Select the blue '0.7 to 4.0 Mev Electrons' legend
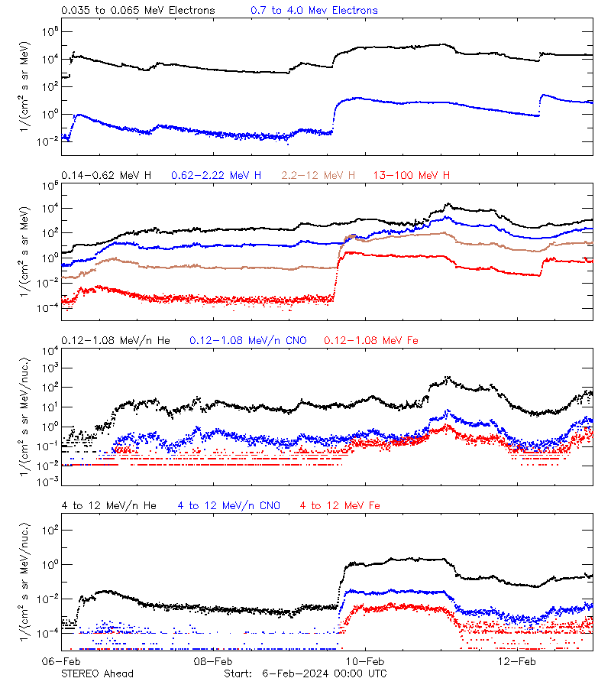[x=314, y=11]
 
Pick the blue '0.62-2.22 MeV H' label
[x=216, y=176]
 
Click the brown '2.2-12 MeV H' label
[x=318, y=176]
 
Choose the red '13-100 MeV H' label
[x=411, y=176]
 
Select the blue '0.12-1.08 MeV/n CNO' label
[x=247, y=340]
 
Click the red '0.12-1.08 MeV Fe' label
[x=370, y=340]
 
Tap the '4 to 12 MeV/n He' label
[x=108, y=505]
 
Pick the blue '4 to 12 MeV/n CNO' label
[x=228, y=505]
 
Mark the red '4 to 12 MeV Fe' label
[x=340, y=505]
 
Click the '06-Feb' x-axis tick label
[x=61, y=661]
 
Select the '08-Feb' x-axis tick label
[x=213, y=661]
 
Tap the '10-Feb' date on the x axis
[x=365, y=661]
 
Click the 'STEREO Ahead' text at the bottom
[x=97, y=673]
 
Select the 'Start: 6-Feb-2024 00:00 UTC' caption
[x=305, y=673]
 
